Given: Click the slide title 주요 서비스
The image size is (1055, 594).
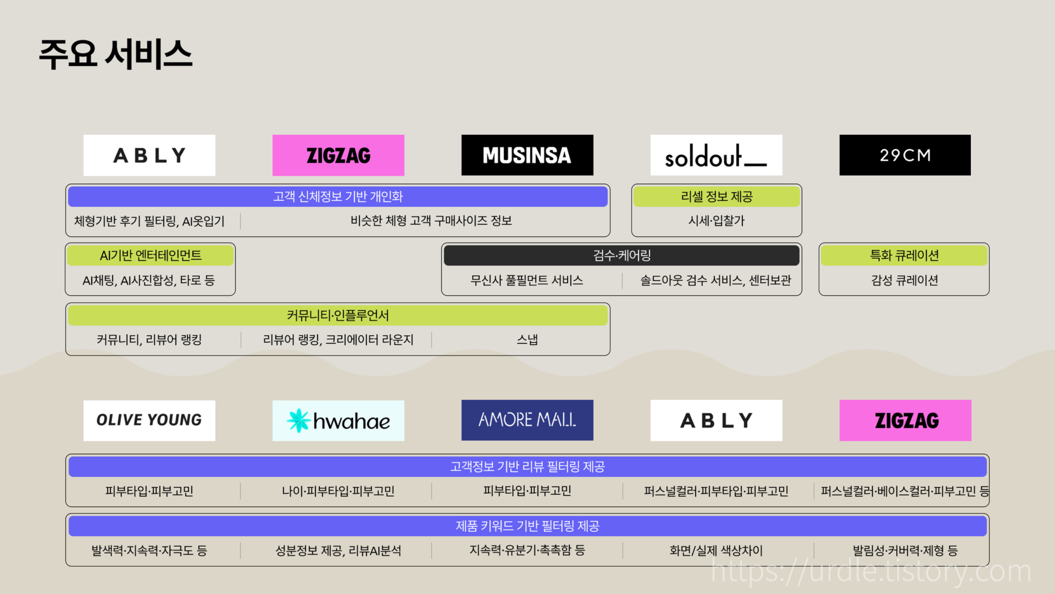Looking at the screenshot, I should coord(115,54).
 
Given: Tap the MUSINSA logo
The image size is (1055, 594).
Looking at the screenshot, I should coord(527,155).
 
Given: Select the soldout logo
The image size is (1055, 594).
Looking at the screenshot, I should coord(716,155).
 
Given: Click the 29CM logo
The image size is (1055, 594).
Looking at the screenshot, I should coord(905,155).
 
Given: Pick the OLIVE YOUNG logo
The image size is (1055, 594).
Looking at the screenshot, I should coord(149,420).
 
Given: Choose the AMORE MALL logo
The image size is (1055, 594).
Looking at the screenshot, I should coord(527,420).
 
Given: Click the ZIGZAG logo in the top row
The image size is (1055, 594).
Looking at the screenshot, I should coord(338,155).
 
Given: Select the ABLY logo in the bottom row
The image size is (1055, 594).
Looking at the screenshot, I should coord(716,420).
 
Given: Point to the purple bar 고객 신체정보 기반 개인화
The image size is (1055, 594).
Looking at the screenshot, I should coord(338,197).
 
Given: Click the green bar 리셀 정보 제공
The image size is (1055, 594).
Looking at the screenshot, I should coord(716,197).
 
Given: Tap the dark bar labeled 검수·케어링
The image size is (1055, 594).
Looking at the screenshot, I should coord(621,255).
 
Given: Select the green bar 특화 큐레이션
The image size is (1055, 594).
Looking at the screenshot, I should coord(904,255).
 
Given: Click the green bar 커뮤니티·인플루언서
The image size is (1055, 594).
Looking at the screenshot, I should coord(338,315).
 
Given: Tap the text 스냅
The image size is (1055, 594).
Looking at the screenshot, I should coord(527,340).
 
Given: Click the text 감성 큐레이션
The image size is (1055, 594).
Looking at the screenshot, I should coord(904,280).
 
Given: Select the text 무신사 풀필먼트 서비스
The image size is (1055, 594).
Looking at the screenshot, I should coord(527,280).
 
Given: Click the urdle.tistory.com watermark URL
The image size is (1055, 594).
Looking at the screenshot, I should coord(871,571).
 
